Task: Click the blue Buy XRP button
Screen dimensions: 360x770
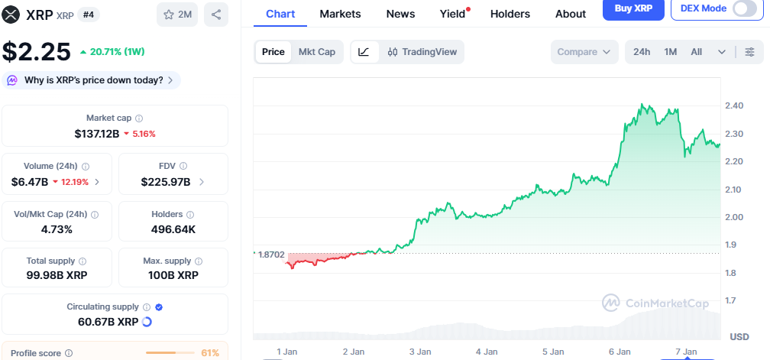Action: [632, 8]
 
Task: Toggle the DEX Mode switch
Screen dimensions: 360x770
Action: [744, 8]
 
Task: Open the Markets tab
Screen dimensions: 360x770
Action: [341, 14]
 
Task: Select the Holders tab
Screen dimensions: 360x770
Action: [510, 14]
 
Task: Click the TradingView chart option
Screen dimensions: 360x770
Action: [422, 52]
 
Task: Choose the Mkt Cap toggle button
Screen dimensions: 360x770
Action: [316, 52]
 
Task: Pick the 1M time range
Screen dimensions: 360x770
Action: [671, 52]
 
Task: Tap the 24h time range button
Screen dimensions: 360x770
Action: [642, 52]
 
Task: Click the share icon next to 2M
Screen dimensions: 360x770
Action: [216, 14]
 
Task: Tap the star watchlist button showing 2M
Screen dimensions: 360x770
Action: [177, 14]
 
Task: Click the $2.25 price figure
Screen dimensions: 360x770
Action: [36, 52]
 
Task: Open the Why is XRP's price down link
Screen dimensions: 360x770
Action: [92, 80]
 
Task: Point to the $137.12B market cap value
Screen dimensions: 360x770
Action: [96, 134]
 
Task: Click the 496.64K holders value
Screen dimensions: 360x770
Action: [173, 229]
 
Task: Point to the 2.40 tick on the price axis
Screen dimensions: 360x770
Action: [734, 105]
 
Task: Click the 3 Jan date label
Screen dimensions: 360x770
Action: [420, 352]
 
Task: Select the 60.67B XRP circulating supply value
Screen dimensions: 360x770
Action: [108, 322]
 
